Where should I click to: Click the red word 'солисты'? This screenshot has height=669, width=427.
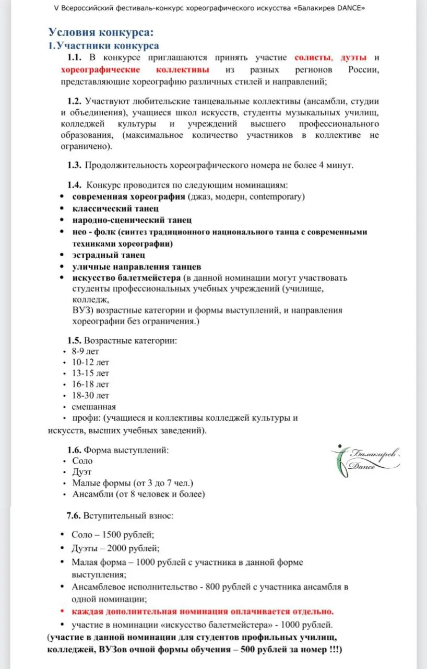click(312, 57)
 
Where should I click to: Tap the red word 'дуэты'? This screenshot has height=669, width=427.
click(353, 57)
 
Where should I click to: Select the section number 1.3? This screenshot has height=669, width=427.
click(74, 166)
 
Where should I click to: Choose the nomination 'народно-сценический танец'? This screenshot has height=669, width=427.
click(132, 220)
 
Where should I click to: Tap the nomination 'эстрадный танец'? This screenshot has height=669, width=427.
click(109, 255)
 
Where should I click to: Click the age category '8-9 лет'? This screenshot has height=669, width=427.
click(86, 351)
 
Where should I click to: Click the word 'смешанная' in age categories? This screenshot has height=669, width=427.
click(94, 407)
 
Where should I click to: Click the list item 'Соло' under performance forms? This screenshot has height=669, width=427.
click(82, 460)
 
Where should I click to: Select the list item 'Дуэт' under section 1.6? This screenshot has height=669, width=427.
click(82, 472)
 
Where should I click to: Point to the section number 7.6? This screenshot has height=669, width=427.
click(74, 516)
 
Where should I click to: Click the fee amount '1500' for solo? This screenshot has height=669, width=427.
click(112, 535)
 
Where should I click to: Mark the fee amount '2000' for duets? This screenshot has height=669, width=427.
click(116, 549)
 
